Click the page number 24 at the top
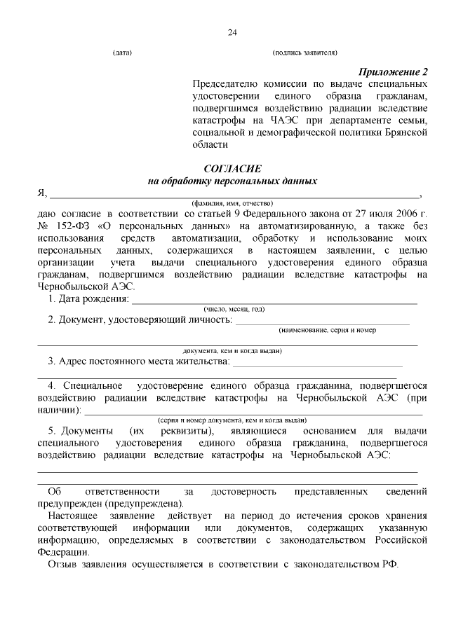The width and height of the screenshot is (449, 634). pos(232,32)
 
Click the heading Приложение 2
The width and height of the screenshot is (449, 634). pos(393,72)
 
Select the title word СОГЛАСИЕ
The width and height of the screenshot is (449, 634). pos(232,169)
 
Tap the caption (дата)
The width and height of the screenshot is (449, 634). pos(122,53)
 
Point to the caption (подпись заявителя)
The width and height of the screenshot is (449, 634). pos(305,53)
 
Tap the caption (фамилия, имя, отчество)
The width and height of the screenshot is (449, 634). pos(232,202)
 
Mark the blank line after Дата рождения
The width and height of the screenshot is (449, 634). pos(274,302)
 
